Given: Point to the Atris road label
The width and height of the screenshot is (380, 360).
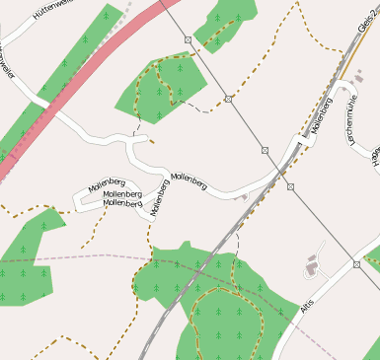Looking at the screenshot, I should [304, 310].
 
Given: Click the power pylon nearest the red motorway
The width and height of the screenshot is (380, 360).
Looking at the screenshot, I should [188, 39].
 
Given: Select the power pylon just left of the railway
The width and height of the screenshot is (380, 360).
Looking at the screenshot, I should [265, 150].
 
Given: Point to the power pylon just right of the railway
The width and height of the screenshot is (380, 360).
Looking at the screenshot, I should [290, 185].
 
